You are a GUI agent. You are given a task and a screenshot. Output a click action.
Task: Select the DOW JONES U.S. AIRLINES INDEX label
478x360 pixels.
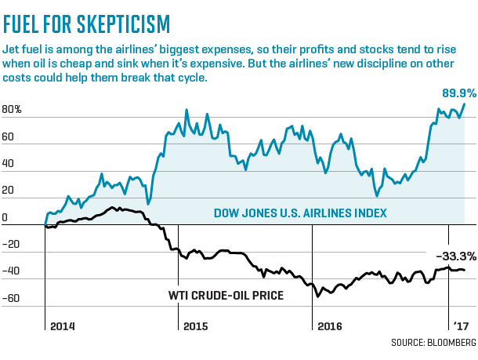pyautogui.click(x=301, y=213)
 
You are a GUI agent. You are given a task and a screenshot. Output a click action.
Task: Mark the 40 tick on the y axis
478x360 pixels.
pyautogui.click(x=9, y=165)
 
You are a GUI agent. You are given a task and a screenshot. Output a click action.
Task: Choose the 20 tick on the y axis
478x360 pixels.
pyautogui.click(x=9, y=191)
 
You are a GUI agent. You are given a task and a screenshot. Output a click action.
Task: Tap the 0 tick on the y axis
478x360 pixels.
pyautogui.click(x=5, y=218)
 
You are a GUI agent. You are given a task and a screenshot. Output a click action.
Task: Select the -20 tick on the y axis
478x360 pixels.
pyautogui.click(x=11, y=245)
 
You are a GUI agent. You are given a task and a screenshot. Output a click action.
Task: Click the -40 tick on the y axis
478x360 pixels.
pyautogui.click(x=11, y=271)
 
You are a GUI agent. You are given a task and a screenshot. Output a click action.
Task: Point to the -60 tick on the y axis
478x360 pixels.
pyautogui.click(x=11, y=298)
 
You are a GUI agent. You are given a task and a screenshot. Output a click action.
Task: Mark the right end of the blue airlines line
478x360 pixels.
pyautogui.click(x=465, y=104)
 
